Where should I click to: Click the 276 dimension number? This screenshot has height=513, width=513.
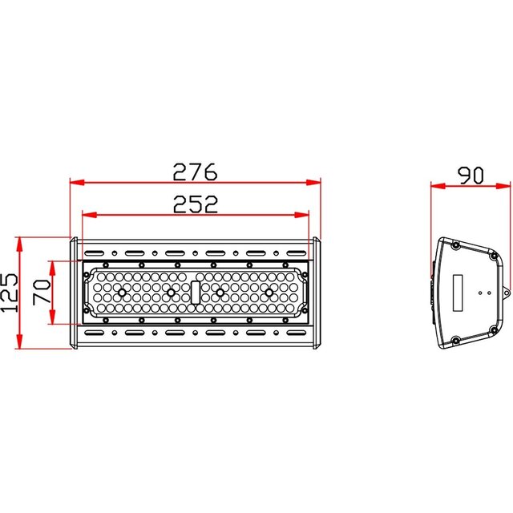196,171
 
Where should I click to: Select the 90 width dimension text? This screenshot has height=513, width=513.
470,175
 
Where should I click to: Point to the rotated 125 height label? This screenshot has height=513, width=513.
9,293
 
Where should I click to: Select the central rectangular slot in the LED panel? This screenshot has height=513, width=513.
196,292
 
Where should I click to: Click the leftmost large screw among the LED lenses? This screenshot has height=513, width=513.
122,293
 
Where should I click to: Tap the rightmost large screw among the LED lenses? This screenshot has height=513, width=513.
269,293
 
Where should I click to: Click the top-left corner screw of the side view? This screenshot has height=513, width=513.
455,245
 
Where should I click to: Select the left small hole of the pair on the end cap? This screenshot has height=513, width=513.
479,293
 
